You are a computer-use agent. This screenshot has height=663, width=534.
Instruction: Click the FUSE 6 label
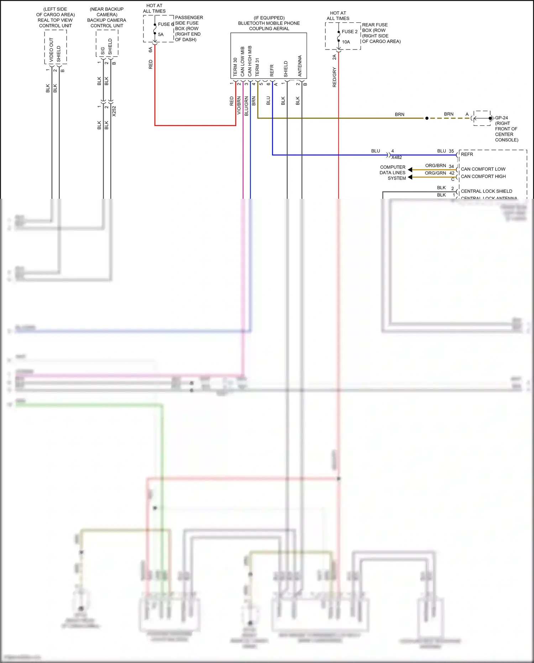(166, 24)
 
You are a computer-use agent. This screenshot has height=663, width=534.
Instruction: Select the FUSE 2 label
(350, 32)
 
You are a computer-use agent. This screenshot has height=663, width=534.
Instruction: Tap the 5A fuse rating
(161, 35)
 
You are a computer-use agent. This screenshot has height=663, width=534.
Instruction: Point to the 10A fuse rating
(346, 42)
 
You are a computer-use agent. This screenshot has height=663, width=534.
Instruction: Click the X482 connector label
(397, 157)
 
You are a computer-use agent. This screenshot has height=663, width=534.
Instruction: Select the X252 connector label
(114, 111)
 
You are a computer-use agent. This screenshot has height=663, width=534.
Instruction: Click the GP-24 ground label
(501, 118)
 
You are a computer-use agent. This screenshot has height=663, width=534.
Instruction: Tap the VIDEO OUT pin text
(51, 50)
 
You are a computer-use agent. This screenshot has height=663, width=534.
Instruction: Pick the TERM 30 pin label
(235, 67)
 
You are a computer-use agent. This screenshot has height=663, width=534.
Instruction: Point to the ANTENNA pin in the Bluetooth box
(300, 66)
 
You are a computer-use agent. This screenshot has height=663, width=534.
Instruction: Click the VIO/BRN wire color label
(239, 105)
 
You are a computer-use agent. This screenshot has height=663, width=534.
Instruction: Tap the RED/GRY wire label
(334, 77)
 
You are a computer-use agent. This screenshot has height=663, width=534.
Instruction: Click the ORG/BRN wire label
(435, 166)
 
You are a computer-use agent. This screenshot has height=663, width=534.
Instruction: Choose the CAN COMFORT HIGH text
(483, 177)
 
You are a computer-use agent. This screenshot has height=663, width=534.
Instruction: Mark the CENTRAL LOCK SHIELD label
(486, 191)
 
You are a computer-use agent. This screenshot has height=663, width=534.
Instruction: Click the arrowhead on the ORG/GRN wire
(410, 177)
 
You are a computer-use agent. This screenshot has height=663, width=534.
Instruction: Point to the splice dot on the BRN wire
(427, 118)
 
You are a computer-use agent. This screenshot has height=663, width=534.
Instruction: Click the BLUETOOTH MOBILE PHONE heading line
(269, 23)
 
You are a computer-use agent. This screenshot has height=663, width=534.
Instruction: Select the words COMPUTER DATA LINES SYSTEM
(393, 173)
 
